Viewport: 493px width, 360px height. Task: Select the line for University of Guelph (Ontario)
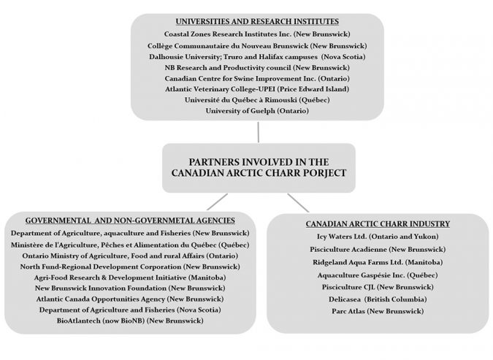[x=257, y=110]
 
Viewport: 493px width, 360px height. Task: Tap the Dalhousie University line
[x=257, y=56]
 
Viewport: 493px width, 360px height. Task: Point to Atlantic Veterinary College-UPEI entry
[x=257, y=88]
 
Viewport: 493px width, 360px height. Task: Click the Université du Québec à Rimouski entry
[x=257, y=99]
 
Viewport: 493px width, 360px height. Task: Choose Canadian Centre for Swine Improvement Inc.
[x=257, y=77]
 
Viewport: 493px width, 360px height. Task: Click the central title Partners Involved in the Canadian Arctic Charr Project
[x=257, y=167]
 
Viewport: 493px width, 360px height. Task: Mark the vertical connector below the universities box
[x=258, y=131]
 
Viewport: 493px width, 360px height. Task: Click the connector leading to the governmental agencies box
[x=216, y=202]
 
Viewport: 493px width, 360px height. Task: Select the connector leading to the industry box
[x=297, y=202]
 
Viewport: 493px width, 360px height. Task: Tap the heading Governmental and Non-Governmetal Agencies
[x=130, y=220]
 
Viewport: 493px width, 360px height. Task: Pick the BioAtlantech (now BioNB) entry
[x=130, y=321]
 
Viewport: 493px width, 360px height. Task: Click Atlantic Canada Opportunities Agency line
[x=130, y=298]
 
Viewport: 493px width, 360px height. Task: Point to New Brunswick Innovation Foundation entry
[x=130, y=288]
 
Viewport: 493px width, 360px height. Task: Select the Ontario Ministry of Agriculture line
[x=130, y=255]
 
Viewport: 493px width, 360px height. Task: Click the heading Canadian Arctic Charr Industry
[x=377, y=223]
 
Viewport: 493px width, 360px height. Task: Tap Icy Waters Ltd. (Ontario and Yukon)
[x=377, y=236]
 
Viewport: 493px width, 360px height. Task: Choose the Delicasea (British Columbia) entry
[x=377, y=299]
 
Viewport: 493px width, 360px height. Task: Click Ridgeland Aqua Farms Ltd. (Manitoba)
[x=377, y=261]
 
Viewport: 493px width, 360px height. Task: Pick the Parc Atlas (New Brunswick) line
[x=377, y=311]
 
